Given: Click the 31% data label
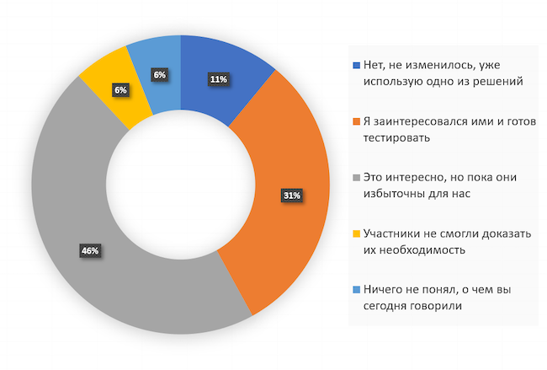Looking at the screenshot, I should pyautogui.click(x=292, y=196).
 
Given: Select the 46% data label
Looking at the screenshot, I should pyautogui.click(x=90, y=249).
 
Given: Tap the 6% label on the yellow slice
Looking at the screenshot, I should pyautogui.click(x=119, y=89).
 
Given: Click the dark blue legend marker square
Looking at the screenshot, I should pyautogui.click(x=358, y=65).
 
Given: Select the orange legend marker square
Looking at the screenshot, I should pyautogui.click(x=358, y=122).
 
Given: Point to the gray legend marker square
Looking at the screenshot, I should pyautogui.click(x=358, y=179).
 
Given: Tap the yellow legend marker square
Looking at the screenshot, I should pyautogui.click(x=358, y=234).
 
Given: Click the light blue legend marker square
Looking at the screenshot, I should pyautogui.click(x=358, y=291).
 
